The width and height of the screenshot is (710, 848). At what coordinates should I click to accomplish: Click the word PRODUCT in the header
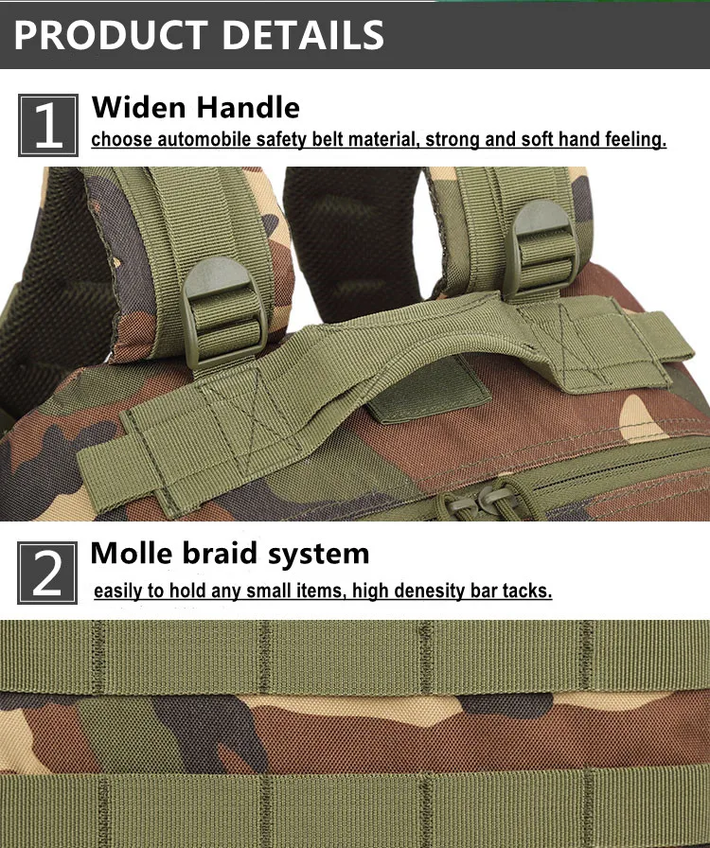click(111, 35)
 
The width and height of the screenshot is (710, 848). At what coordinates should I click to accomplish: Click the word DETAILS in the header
click(303, 35)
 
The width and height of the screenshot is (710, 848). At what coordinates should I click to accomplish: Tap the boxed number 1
click(48, 126)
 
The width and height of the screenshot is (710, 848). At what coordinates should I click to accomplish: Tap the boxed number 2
click(47, 573)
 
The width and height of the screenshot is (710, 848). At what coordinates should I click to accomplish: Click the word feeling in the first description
click(635, 139)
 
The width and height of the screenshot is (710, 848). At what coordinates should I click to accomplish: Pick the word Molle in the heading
click(132, 554)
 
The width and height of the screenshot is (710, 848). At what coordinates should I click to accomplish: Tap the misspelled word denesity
click(429, 592)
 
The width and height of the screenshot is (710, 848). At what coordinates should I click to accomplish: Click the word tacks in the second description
click(526, 591)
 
